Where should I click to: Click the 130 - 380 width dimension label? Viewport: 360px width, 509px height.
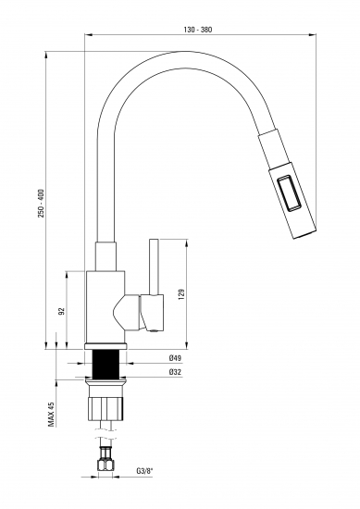pyautogui.click(x=198, y=30)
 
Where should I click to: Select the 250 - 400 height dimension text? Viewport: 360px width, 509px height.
pyautogui.click(x=42, y=204)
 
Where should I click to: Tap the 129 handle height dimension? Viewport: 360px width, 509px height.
pyautogui.click(x=181, y=293)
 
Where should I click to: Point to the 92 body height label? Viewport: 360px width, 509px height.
pyautogui.click(x=62, y=311)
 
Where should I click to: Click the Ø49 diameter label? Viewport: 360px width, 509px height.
pyautogui.click(x=175, y=358)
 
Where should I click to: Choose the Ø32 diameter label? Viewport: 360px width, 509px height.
pyautogui.click(x=175, y=372)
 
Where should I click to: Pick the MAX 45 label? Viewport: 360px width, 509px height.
pyautogui.click(x=51, y=414)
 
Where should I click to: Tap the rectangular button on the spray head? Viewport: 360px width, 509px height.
pyautogui.click(x=289, y=193)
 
